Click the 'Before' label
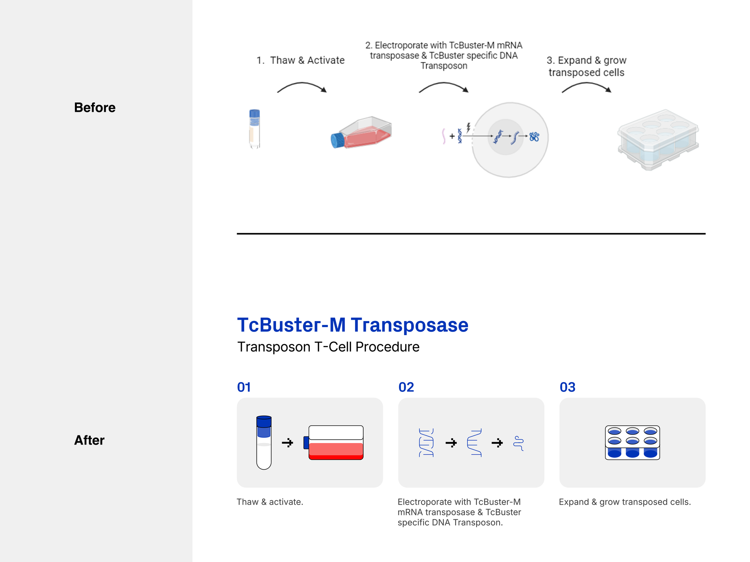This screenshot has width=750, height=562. coord(94,107)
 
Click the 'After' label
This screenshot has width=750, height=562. coord(89,440)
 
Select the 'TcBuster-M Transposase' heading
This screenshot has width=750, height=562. coord(352,325)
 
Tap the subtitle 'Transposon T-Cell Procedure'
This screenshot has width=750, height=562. coord(328,347)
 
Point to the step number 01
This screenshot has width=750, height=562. coord(244,387)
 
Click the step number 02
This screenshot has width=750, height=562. coord(406,387)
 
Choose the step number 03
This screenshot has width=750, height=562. coord(567,387)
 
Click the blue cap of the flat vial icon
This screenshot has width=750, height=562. coord(264,421)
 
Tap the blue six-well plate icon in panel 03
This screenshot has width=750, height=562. coord(632,442)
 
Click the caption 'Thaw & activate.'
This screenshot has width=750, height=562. coord(270,502)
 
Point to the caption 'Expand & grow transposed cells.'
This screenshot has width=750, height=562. coord(625,502)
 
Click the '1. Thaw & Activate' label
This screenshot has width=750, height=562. coord(300,60)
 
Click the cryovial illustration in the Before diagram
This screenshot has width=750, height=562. coord(254,129)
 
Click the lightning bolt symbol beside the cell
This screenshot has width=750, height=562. coord(468,127)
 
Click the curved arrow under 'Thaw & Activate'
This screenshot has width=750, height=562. coord(301,87)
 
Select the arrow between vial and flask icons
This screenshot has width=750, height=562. coord(287,443)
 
